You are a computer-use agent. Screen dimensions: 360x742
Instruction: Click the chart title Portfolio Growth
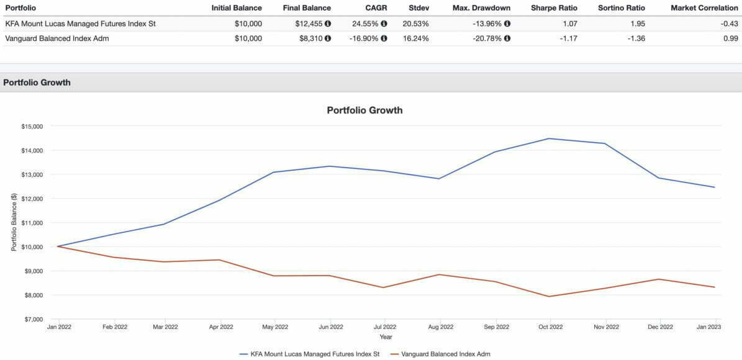click(364, 110)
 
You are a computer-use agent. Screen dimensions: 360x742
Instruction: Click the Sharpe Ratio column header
click(554, 8)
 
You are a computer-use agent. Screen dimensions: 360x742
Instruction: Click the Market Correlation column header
click(704, 8)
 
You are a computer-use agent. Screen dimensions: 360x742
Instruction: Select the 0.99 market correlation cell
click(730, 38)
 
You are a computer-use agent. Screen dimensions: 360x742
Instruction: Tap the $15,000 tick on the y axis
click(32, 126)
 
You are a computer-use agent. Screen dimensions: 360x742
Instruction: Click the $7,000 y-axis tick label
click(33, 319)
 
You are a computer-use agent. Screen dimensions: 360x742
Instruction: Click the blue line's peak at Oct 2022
click(550, 138)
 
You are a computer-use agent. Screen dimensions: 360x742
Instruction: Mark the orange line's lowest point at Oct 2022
click(550, 296)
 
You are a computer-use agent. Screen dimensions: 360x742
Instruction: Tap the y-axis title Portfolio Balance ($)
click(14, 222)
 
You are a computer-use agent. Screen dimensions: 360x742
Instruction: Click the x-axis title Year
click(386, 337)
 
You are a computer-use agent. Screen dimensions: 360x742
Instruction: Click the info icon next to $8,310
click(327, 38)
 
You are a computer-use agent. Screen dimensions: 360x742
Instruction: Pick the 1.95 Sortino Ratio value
click(636, 24)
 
